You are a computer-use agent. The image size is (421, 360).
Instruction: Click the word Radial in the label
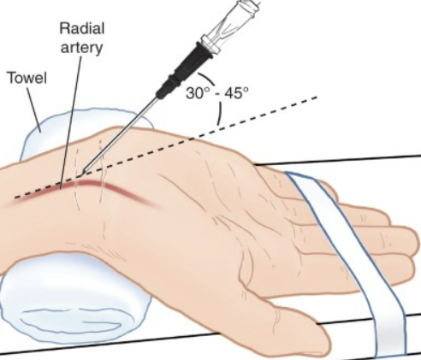click(82, 29)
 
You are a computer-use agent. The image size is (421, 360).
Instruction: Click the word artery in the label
click(81, 47)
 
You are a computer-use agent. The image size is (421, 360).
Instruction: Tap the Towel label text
click(27, 78)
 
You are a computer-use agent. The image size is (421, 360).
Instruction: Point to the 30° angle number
click(198, 92)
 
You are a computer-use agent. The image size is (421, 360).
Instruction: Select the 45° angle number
click(236, 92)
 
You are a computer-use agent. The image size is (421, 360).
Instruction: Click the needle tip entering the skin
click(83, 172)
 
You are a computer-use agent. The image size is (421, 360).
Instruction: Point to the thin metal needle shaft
click(120, 134)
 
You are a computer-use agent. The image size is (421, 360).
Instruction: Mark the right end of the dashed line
click(317, 97)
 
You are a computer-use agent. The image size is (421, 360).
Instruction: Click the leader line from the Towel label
click(34, 109)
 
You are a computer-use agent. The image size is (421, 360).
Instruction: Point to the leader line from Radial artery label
click(71, 122)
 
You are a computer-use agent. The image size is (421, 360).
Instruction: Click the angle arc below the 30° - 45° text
click(220, 114)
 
